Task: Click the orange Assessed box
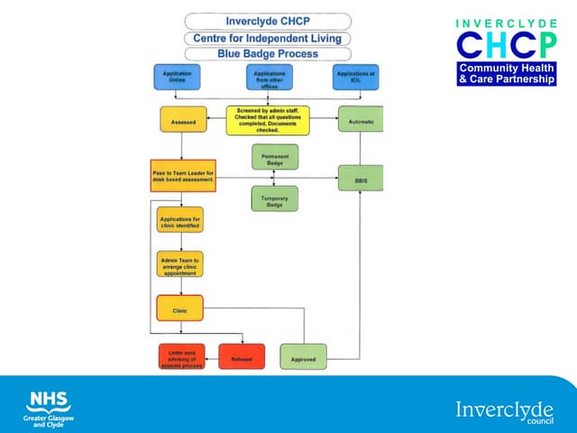tap(179, 119)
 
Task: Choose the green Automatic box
tap(360, 120)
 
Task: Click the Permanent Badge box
tap(274, 157)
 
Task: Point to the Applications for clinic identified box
tap(180, 222)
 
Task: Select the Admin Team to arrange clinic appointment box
tap(180, 264)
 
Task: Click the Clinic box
tap(179, 309)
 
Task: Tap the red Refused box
tap(241, 357)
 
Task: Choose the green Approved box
tap(303, 357)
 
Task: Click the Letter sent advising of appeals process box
tap(181, 357)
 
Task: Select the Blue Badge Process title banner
tap(268, 54)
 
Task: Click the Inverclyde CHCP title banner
tap(268, 21)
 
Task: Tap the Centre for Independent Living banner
tap(268, 38)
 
